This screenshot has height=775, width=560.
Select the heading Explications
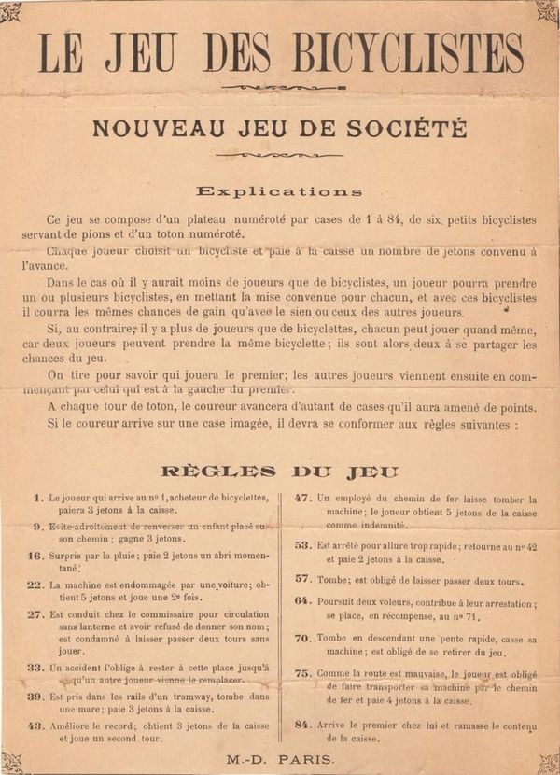pos(280,191)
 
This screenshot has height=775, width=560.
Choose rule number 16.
pos(35,556)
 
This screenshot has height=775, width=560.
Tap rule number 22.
pos(35,585)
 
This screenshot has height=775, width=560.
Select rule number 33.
pos(35,668)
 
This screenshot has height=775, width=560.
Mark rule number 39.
pos(35,697)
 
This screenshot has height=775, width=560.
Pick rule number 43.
pos(35,725)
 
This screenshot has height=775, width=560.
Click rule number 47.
pos(302,498)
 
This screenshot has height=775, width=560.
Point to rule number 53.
pos(302,544)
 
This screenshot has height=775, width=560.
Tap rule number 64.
pos(302,600)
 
